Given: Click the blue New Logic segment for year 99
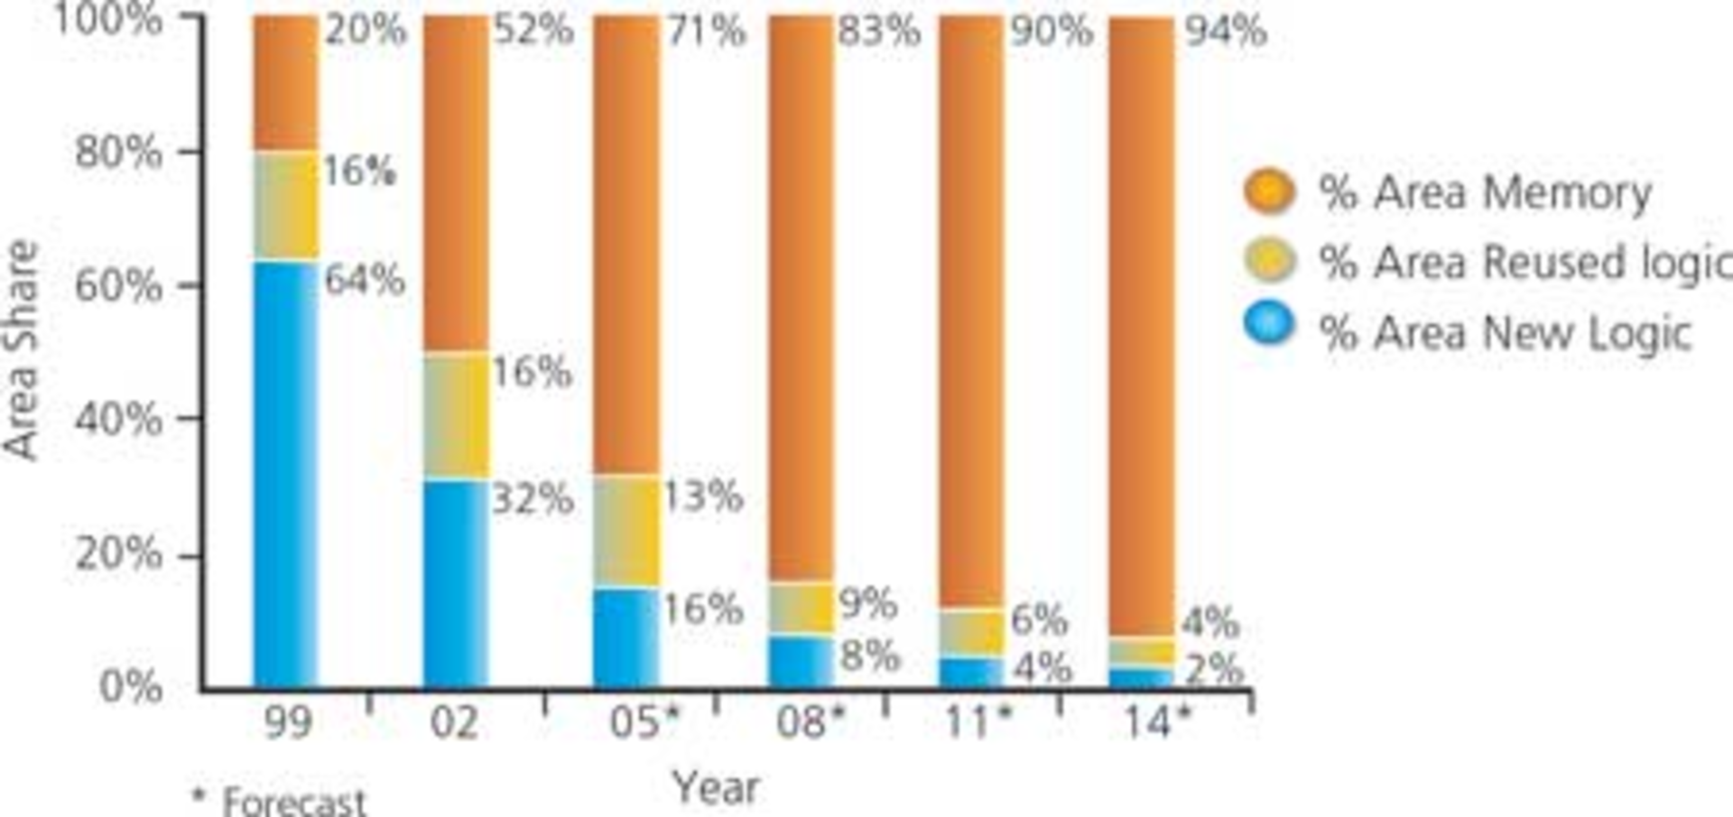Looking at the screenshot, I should click(285, 474).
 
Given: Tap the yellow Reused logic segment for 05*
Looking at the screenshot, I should click(626, 530).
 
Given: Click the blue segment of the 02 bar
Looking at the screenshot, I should click(457, 583).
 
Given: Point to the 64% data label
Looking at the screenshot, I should click(365, 279).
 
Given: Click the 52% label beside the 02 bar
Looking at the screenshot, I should click(533, 30).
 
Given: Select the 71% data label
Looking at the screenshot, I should click(706, 32).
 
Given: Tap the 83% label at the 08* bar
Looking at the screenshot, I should click(878, 32).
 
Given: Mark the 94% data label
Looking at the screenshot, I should click(1226, 32).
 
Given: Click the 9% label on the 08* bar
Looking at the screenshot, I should click(867, 603).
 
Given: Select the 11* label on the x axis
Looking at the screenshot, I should click(978, 723).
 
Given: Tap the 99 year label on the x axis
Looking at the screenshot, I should click(288, 723).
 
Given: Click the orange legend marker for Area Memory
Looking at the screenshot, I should click(1269, 191).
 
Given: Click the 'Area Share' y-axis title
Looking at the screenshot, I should click(22, 350).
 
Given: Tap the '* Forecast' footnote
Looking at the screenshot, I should click(280, 801).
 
